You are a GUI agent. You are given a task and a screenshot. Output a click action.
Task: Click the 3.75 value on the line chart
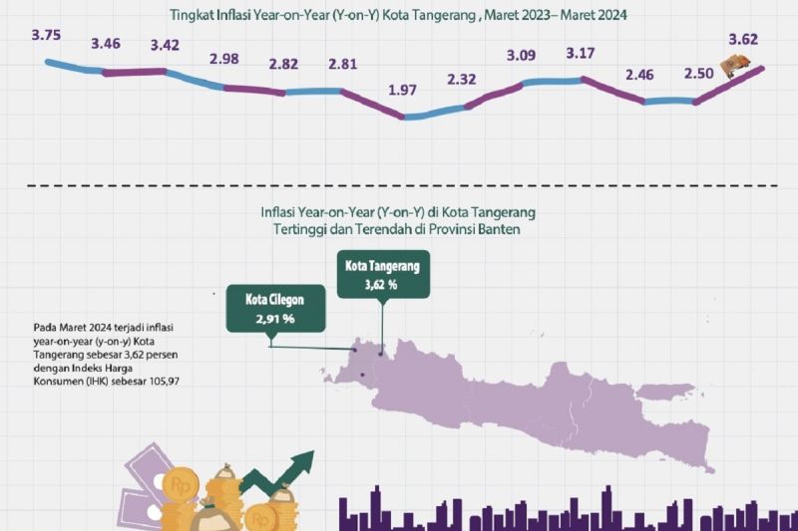click(x=46, y=35)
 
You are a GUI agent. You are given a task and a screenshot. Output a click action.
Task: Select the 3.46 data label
click(x=106, y=45)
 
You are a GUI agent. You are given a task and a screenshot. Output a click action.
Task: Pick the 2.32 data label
click(x=462, y=79)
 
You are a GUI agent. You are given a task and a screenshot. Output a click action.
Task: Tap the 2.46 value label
click(x=640, y=75)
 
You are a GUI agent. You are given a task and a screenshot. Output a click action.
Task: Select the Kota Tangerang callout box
click(x=381, y=276)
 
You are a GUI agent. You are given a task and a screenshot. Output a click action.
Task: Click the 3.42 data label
click(x=166, y=45)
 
